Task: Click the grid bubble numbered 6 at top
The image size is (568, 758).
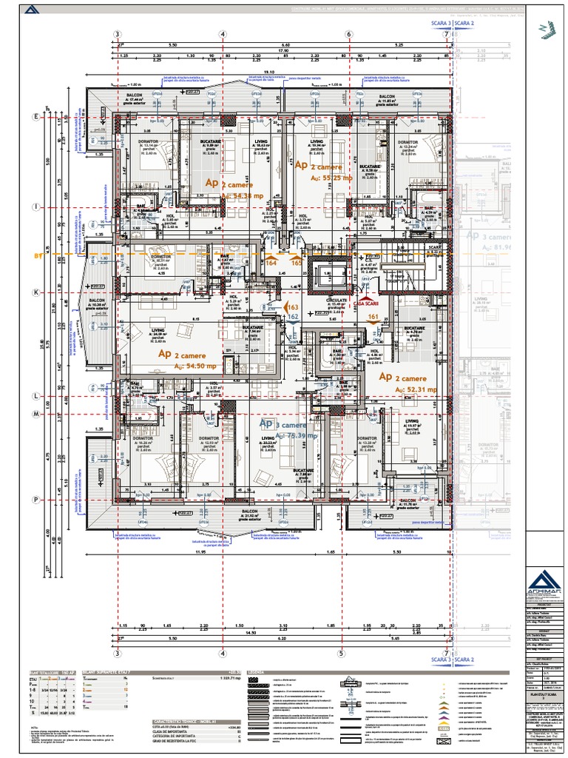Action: click(x=348, y=35)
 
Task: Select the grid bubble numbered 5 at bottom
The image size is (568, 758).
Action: click(x=341, y=654)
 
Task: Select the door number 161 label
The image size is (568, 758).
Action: click(x=373, y=315)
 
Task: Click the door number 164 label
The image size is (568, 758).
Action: click(x=271, y=263)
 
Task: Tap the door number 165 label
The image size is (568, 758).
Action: click(x=295, y=263)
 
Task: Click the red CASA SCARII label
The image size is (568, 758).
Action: click(x=365, y=303)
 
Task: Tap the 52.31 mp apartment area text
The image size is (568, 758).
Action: click(x=419, y=389)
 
